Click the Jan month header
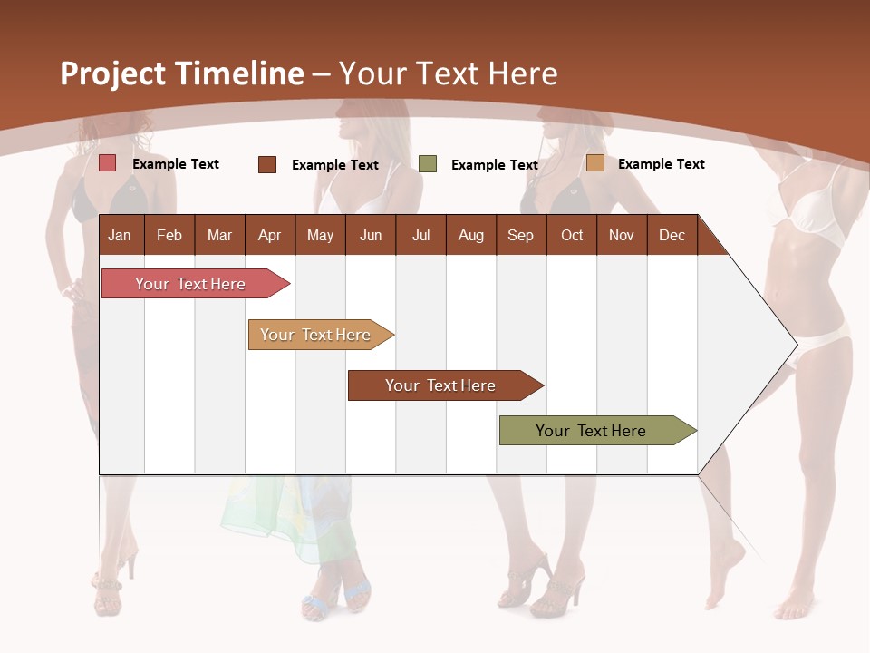(120, 236)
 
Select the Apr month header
(269, 236)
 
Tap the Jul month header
(420, 236)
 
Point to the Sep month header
(520, 236)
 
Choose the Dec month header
(672, 236)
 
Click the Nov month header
(621, 236)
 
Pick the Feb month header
(169, 236)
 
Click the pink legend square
(108, 163)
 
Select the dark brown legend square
(267, 164)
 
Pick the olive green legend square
(428, 164)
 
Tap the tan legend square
(595, 163)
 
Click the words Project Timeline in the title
(181, 73)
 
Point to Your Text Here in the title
(448, 73)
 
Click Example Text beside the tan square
(661, 164)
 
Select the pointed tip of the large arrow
(794, 344)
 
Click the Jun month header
(371, 236)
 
